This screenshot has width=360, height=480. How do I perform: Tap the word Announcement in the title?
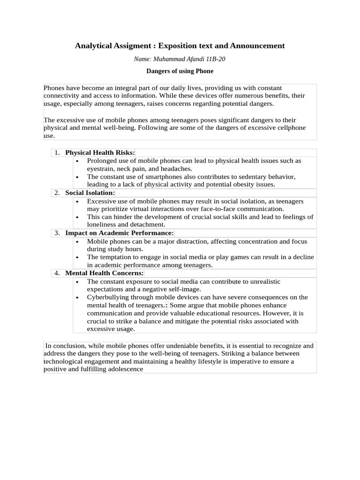tap(257, 46)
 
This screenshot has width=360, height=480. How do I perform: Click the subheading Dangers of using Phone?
tap(180, 71)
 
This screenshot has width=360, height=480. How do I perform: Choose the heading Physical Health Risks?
tap(100, 153)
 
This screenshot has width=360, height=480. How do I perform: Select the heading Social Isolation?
tap(90, 193)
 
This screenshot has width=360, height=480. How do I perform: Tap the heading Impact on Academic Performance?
tap(119, 233)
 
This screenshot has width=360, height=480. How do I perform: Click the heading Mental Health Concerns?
tap(105, 273)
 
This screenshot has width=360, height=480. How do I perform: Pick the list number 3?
tap(57, 233)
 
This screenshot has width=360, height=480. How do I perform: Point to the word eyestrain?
tap(101, 169)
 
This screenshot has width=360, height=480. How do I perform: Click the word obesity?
tap(243, 185)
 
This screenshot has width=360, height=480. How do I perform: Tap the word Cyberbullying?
tap(108, 297)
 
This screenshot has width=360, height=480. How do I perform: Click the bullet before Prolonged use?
tap(77, 161)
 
